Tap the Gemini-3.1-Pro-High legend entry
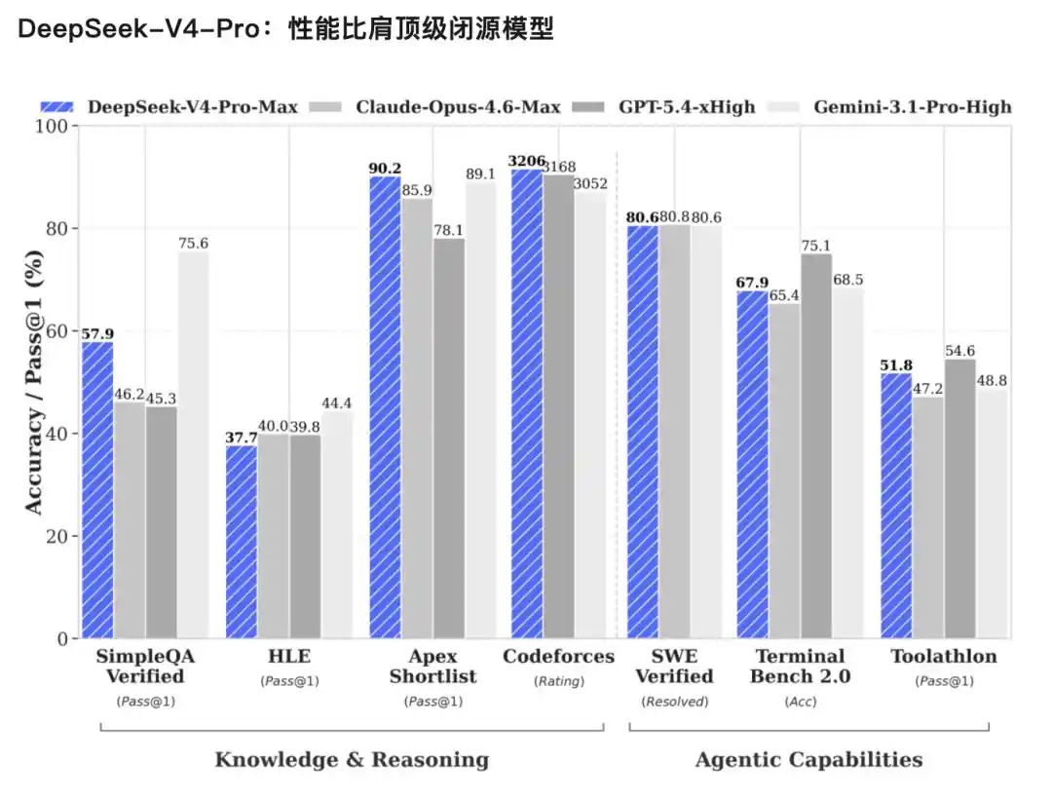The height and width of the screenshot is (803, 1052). point(896,106)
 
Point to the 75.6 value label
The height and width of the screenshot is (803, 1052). point(193,244)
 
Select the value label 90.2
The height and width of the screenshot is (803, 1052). point(384,168)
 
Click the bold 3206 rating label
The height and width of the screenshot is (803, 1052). point(527,160)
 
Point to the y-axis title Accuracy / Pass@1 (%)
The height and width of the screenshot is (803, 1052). point(33,382)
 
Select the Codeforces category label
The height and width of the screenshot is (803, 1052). point(558,656)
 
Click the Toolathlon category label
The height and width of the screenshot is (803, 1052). point(943,656)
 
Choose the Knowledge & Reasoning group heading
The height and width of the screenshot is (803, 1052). point(352,759)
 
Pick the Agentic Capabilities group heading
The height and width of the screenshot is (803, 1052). point(808,759)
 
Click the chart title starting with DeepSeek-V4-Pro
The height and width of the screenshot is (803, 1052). point(284,30)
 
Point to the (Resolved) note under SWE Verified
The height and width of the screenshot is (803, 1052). point(675,701)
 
